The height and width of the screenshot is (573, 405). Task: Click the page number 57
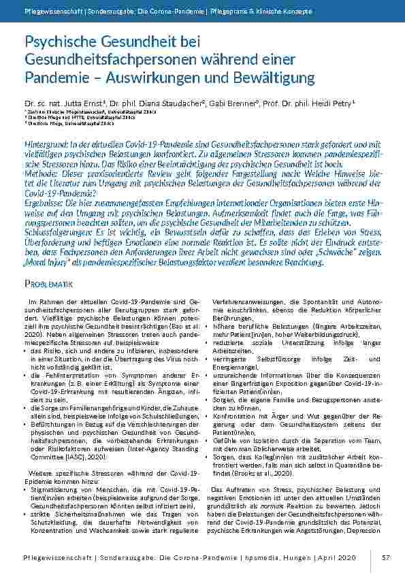point(386,557)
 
